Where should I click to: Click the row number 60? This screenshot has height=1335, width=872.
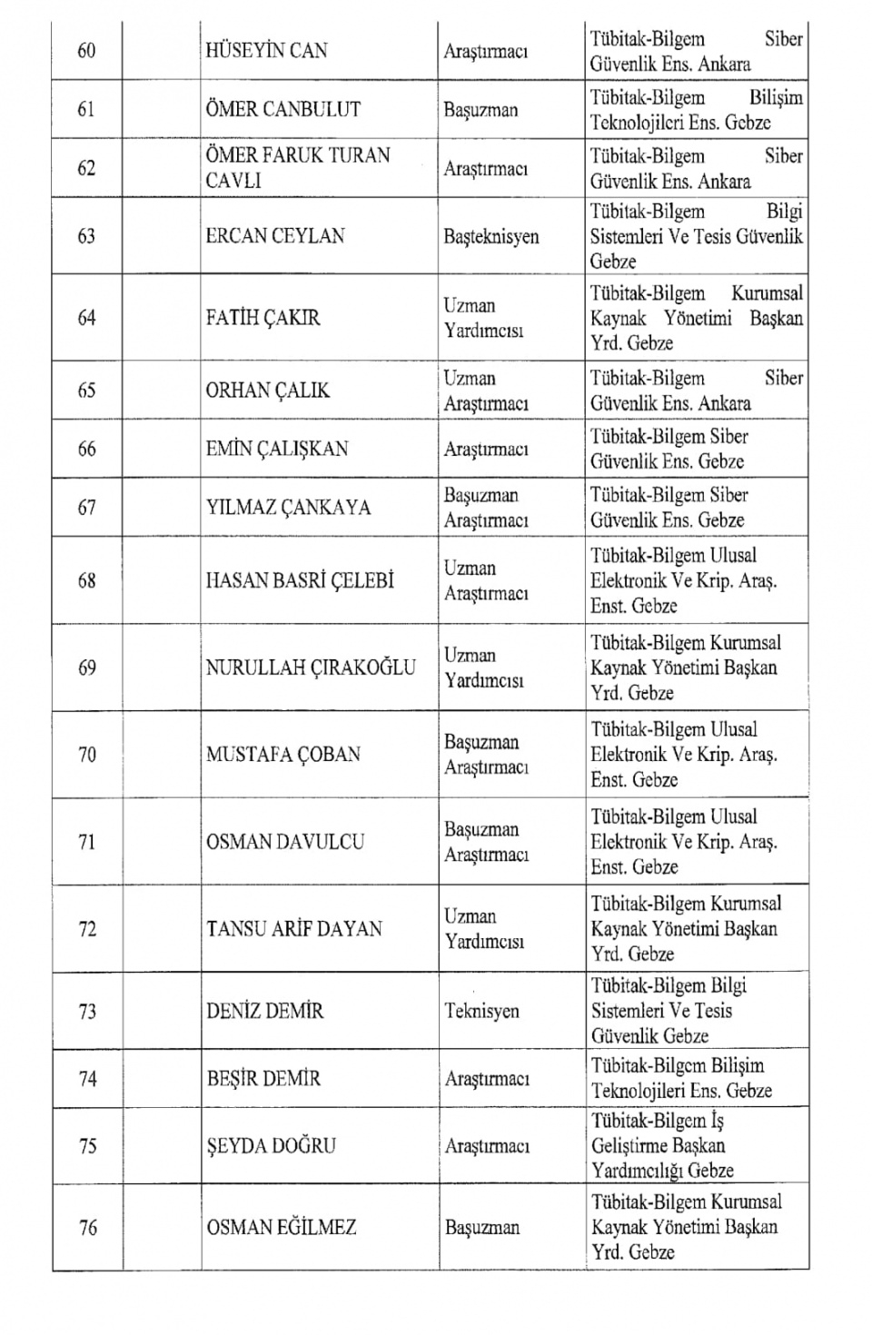(x=86, y=51)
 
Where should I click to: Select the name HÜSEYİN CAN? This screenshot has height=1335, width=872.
(x=266, y=51)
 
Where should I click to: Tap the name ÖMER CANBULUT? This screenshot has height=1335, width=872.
(x=282, y=110)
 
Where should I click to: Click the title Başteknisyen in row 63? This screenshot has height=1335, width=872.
(x=490, y=237)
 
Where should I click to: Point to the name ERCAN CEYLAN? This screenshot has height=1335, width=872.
(x=275, y=236)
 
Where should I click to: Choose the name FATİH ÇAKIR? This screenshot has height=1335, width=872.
(x=263, y=318)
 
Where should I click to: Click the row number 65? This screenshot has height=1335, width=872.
(x=86, y=391)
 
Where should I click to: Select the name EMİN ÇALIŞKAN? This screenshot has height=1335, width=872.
(x=276, y=449)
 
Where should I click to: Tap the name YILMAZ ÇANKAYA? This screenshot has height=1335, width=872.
(x=288, y=508)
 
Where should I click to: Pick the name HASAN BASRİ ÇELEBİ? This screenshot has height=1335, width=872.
(x=300, y=580)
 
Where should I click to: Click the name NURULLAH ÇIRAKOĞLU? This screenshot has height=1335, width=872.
(x=311, y=667)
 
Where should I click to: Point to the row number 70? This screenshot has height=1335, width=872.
(x=86, y=755)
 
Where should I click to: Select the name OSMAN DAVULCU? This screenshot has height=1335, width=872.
(x=284, y=842)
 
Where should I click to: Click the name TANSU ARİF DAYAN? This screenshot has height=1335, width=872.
(x=294, y=929)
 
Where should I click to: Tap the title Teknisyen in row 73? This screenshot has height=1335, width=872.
(x=481, y=1011)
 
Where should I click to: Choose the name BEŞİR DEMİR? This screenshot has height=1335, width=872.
(x=263, y=1079)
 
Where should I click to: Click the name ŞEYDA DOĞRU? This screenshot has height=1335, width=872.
(x=271, y=1146)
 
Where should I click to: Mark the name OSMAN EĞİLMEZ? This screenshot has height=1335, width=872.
(x=282, y=1228)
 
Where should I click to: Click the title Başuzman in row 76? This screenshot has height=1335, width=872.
(x=482, y=1228)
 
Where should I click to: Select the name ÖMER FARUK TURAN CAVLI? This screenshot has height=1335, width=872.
(x=297, y=168)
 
